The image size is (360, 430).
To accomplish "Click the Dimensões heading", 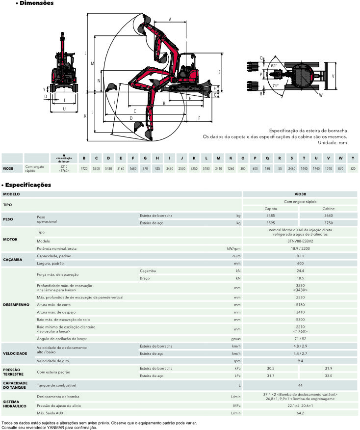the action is point(36,3).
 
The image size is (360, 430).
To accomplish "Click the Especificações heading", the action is point(28,185).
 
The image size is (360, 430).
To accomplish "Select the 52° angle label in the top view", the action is point(274,66).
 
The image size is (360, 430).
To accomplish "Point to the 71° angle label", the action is point(275,85).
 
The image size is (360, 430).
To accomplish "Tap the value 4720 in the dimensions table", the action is point(84,168).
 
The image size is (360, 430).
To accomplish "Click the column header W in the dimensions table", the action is point(340,158).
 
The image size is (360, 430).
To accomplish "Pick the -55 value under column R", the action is point(280,168).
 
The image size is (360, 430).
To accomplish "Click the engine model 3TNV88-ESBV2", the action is point(300,241).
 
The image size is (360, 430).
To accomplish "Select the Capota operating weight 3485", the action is point(271,215).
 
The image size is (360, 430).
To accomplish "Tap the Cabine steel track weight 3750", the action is point(329,223).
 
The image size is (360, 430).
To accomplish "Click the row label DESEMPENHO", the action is point(16,305).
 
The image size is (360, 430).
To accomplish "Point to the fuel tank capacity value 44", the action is point(300,385).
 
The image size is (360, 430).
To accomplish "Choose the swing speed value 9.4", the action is point(300,361).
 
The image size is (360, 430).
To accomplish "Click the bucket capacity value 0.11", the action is point(300,256).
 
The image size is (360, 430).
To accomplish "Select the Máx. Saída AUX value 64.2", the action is point(300,413).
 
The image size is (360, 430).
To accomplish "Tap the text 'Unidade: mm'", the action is point(333,143).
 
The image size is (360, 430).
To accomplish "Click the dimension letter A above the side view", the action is point(170,20).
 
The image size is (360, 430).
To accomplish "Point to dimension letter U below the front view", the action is point(64,109).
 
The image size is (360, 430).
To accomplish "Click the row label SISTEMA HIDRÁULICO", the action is point(15,404).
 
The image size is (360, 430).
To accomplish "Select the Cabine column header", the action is point(329,209).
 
